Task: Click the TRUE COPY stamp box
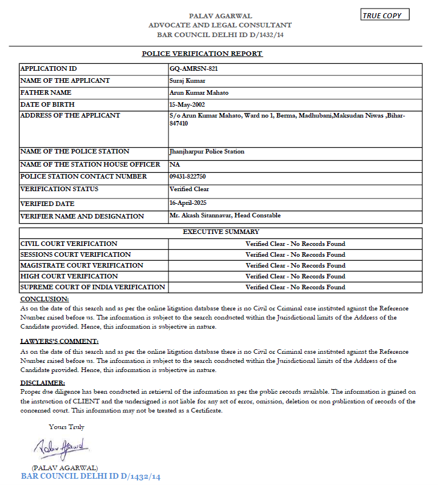click(x=385, y=15)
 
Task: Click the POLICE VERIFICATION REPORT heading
click(x=202, y=54)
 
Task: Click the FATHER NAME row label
click(x=46, y=92)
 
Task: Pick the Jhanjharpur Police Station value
click(x=207, y=152)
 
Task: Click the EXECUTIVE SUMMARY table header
click(x=221, y=232)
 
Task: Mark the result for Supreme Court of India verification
click(x=295, y=287)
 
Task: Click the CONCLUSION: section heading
click(x=45, y=299)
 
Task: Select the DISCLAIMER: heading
click(x=43, y=383)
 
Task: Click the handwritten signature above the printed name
click(x=61, y=448)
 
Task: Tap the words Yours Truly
click(x=66, y=427)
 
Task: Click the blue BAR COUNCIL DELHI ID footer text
click(x=91, y=476)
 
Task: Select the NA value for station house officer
click(x=175, y=164)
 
